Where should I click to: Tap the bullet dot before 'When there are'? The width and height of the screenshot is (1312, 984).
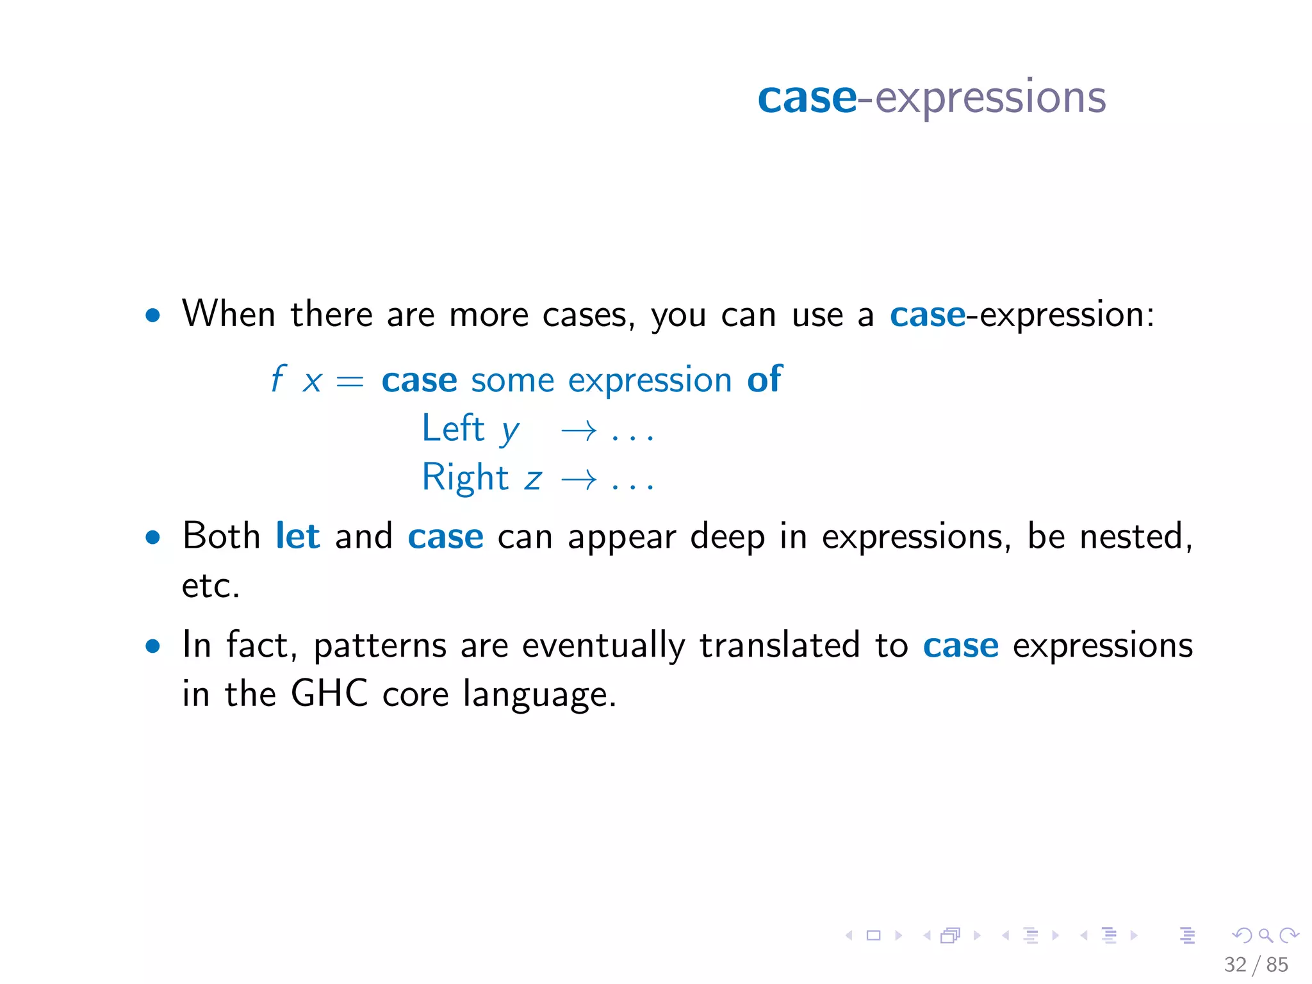tap(152, 315)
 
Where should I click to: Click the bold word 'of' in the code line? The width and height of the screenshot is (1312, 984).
tap(764, 379)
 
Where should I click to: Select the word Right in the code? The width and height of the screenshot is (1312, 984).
tap(464, 478)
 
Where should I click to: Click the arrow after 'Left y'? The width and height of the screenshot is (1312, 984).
tap(578, 431)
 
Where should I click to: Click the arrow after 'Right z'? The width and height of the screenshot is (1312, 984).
tap(578, 479)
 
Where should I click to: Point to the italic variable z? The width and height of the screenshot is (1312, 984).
tap(533, 480)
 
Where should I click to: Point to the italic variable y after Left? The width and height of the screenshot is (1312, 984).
tap(510, 432)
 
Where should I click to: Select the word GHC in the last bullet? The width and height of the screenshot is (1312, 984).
tap(329, 693)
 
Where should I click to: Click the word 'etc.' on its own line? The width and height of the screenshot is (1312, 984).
tap(211, 586)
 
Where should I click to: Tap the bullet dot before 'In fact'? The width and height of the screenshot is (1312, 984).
tap(152, 646)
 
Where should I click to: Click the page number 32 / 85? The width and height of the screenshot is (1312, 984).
tap(1255, 964)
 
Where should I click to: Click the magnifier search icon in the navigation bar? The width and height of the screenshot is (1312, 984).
tap(1265, 935)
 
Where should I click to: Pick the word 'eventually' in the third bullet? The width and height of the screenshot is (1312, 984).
tap(603, 646)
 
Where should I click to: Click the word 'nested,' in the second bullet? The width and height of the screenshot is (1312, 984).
tap(1135, 537)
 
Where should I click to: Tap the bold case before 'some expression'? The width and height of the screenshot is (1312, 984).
tap(419, 381)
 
